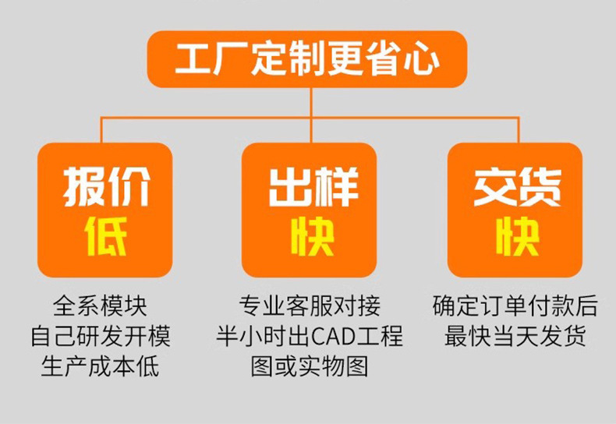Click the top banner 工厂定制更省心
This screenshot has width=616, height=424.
307,59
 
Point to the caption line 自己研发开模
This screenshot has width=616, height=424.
100,336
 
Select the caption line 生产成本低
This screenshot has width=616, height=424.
100,366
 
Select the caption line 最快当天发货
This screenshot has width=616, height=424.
515,336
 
